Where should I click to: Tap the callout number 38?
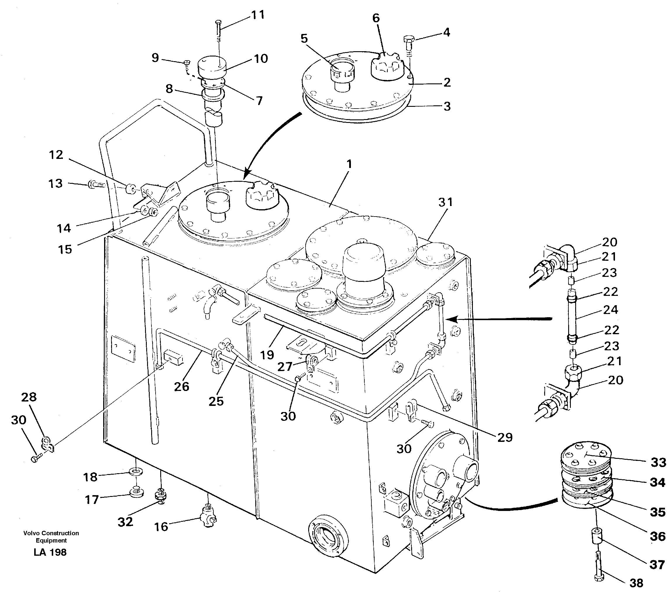tap(636, 583)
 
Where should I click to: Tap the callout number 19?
tap(267, 355)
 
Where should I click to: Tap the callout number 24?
tap(611, 310)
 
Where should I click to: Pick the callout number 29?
tap(505, 437)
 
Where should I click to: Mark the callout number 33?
tap(659, 462)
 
